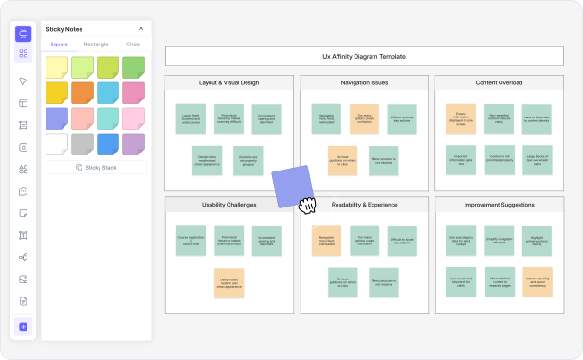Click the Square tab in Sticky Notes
[59, 45]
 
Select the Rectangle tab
[96, 45]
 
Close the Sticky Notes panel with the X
[141, 29]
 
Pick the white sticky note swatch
[57, 144]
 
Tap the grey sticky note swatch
[82, 144]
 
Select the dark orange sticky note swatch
[82, 92]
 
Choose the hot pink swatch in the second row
[133, 92]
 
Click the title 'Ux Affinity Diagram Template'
[364, 57]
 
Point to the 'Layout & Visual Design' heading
[228, 83]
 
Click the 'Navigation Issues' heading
[364, 83]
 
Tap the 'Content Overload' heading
[499, 83]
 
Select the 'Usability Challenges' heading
[228, 205]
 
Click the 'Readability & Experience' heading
[364, 205]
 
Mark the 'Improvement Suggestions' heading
[499, 205]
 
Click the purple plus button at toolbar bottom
[23, 327]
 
